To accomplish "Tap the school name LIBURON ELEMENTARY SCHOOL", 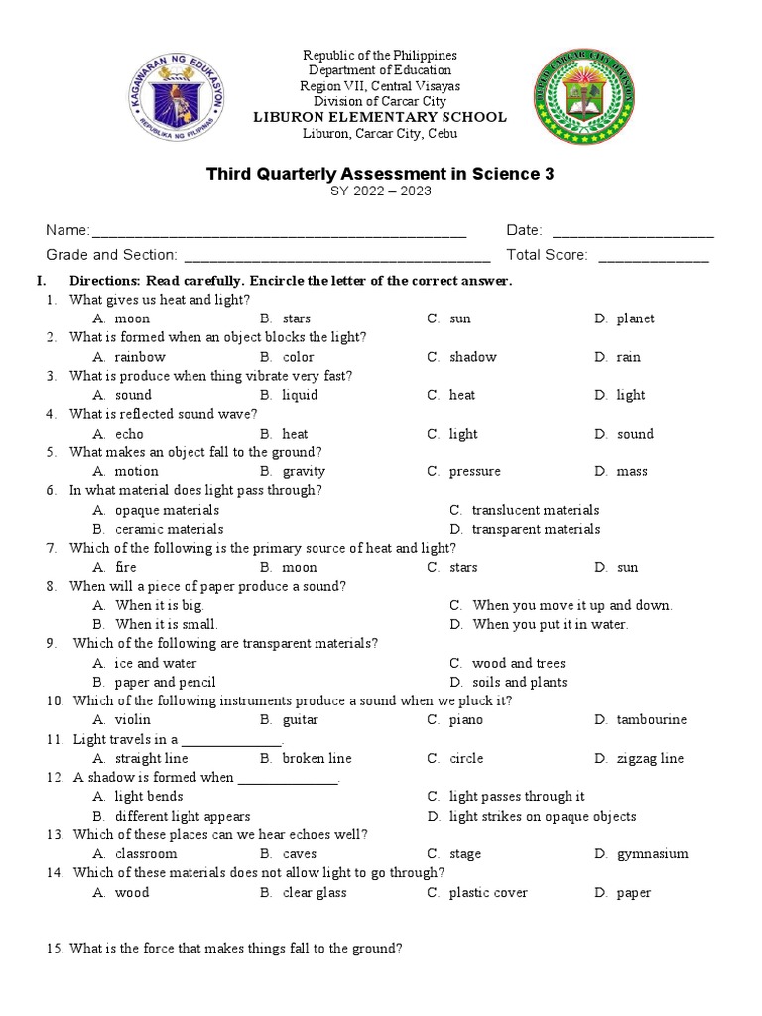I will click(380, 117).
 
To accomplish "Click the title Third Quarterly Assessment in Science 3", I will click(380, 174).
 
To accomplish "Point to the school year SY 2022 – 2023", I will click(380, 192).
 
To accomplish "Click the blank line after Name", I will click(279, 232).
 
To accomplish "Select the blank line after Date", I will click(632, 232).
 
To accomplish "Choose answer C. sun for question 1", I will click(459, 318).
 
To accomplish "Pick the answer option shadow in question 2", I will click(472, 357).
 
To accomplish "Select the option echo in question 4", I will click(129, 434).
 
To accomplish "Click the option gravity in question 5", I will click(304, 472).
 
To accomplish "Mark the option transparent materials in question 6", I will click(536, 529).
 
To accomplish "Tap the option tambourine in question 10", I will click(651, 720).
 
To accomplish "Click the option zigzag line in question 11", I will click(650, 759).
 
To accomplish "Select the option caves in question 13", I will click(300, 854).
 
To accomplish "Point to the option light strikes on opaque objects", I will click(542, 817).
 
